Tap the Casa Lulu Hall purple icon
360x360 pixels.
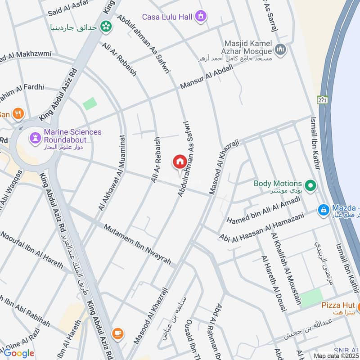click(x=201, y=17)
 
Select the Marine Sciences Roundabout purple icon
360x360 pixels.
click(x=35, y=136)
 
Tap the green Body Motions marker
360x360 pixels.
click(x=310, y=184)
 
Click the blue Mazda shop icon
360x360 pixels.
click(x=323, y=210)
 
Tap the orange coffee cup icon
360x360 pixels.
click(x=118, y=333)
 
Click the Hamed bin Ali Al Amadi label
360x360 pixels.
click(x=263, y=211)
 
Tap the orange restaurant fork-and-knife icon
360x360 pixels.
click(x=18, y=114)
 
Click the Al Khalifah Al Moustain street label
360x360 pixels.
click(x=286, y=268)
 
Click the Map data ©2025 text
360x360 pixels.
click(x=336, y=355)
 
